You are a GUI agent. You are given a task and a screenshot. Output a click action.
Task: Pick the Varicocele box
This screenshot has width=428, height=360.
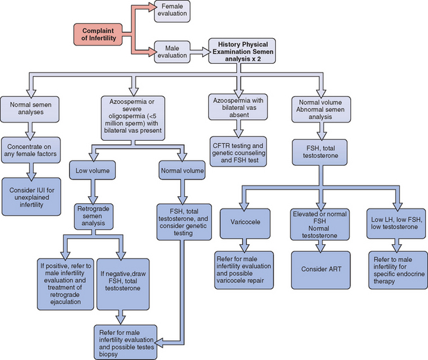244,222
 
